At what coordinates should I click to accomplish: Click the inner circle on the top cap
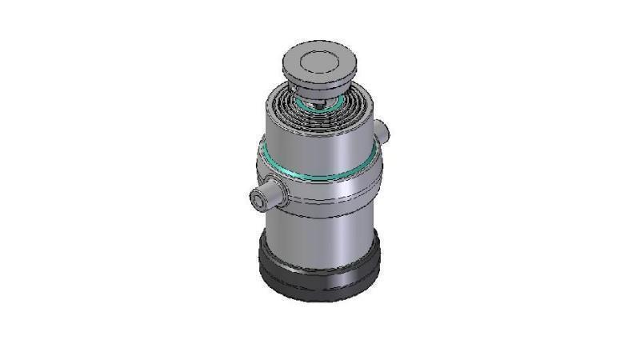[318, 60]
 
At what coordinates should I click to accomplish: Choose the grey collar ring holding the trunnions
[336, 188]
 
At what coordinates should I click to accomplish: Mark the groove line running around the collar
[336, 198]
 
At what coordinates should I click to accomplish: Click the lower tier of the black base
[320, 290]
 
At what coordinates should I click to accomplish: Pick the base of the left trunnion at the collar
[282, 190]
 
